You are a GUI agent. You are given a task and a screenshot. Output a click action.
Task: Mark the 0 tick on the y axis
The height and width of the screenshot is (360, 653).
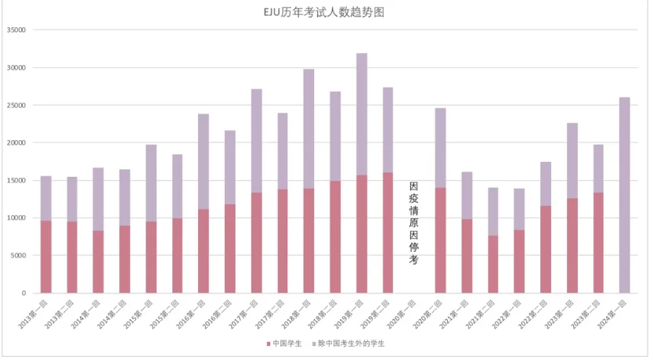coord(23,293)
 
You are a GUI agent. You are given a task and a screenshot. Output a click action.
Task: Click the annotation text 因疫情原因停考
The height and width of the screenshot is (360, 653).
coord(414,223)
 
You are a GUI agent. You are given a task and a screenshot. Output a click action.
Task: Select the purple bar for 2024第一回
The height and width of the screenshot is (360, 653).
coord(625,195)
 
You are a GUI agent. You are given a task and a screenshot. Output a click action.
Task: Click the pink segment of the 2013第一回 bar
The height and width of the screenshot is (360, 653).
coord(46,257)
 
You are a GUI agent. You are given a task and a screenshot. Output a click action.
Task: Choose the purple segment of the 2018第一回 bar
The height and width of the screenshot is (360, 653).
coord(309,128)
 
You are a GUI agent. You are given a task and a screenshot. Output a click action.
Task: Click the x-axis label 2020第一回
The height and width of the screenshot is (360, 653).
coord(405,311)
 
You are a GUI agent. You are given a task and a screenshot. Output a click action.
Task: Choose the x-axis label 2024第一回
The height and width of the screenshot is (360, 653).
coord(615,311)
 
